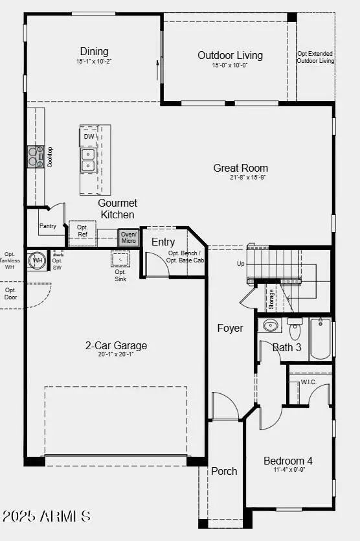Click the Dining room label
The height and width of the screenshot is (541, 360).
coord(94,52)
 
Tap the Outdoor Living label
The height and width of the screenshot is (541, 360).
coord(231,55)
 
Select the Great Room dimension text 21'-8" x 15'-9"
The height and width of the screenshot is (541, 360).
coord(240,178)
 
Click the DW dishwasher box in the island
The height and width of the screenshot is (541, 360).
coord(89,137)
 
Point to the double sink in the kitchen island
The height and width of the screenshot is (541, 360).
coord(88,160)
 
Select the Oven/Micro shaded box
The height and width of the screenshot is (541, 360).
coord(128,238)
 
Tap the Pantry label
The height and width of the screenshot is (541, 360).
coord(47,227)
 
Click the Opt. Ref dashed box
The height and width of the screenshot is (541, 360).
coord(82,231)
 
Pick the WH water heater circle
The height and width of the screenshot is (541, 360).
coord(38,260)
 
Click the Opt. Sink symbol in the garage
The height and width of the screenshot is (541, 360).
coord(120,260)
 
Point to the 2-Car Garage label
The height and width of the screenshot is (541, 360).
coord(116,346)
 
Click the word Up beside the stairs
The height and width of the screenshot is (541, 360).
coord(240,264)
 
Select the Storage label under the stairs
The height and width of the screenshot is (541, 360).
coord(271,299)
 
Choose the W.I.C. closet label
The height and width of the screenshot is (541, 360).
coord(308,382)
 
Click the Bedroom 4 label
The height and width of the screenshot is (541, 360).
coord(288,461)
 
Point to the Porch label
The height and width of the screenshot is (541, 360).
coord(224,471)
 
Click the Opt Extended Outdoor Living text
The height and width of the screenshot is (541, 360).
coord(315,57)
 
